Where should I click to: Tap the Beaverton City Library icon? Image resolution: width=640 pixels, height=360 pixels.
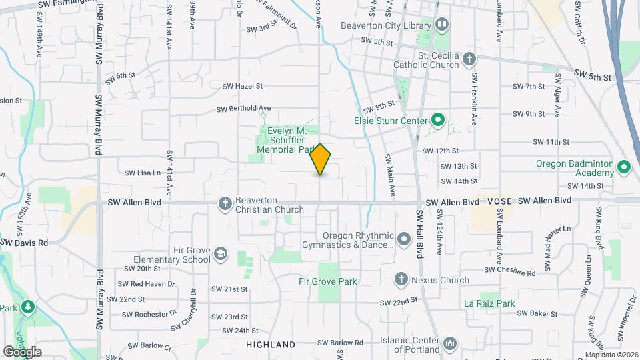pyautogui.click(x=441, y=25)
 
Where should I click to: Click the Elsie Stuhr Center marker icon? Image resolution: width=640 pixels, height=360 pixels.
pyautogui.click(x=437, y=121)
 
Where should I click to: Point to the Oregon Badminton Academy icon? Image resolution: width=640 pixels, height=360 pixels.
pyautogui.click(x=624, y=167)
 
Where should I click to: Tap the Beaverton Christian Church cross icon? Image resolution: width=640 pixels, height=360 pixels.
pyautogui.click(x=225, y=203)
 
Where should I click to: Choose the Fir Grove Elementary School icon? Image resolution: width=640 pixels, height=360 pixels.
pyautogui.click(x=221, y=254)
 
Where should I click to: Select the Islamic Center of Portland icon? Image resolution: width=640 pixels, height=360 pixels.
pyautogui.click(x=450, y=343)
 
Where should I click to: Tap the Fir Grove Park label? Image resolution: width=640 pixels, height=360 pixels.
pyautogui.click(x=327, y=281)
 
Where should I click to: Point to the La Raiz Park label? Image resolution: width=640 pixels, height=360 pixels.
pyautogui.click(x=489, y=303)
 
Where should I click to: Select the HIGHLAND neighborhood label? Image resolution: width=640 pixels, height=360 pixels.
pyautogui.click(x=271, y=345)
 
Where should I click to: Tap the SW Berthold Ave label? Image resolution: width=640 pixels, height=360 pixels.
pyautogui.click(x=244, y=109)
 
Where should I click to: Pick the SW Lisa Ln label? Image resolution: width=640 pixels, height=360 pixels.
pyautogui.click(x=143, y=173)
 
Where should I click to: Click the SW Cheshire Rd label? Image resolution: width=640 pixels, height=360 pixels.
pyautogui.click(x=509, y=272)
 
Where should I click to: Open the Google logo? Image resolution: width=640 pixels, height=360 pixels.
pyautogui.click(x=23, y=351)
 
